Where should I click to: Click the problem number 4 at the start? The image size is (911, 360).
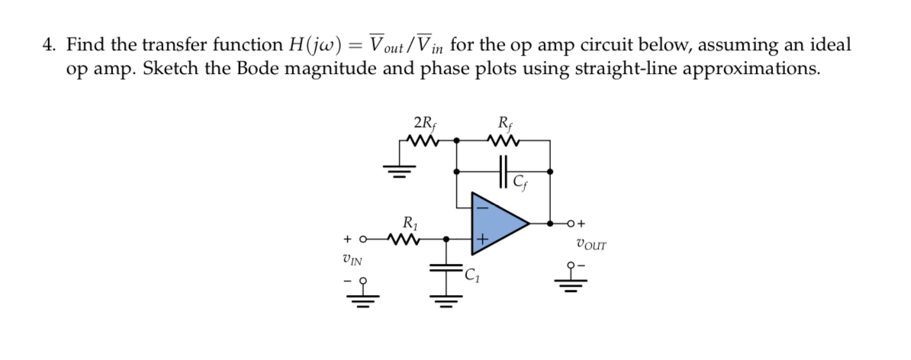pos(48,46)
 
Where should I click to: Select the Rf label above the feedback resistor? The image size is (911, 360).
pos(504,123)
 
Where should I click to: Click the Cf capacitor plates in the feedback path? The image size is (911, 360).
pos(503,169)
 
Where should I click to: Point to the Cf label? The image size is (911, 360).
pos(520,182)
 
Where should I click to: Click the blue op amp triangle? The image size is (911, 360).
pos(494,223)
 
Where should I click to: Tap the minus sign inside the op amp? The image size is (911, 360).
pos(481,206)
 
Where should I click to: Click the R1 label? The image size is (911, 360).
pos(410,223)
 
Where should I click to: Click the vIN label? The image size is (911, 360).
pos(353,259)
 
